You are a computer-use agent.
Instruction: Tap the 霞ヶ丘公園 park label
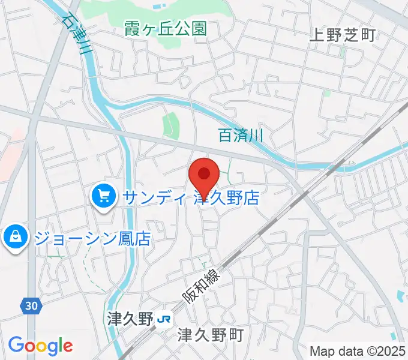[166, 28]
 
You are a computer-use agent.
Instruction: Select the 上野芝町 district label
[341, 35]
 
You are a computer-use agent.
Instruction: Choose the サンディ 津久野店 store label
[191, 197]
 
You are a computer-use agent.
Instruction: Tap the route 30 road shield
[32, 306]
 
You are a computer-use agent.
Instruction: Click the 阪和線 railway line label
[202, 285]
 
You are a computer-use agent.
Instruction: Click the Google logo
[40, 345]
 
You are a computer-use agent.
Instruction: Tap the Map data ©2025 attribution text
[358, 350]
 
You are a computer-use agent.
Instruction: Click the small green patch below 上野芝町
[326, 93]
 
